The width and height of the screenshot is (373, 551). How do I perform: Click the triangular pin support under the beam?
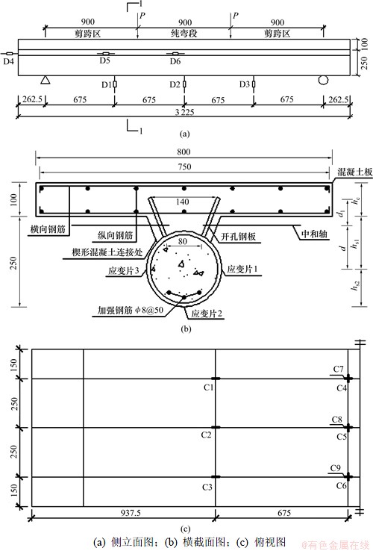[45, 80]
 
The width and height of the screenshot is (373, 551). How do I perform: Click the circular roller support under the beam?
[323, 80]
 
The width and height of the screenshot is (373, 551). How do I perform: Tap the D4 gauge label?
[9, 62]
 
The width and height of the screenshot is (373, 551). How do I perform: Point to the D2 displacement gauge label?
[175, 84]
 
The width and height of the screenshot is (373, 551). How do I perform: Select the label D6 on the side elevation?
[175, 61]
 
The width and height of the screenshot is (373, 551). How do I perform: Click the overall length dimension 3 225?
[184, 112]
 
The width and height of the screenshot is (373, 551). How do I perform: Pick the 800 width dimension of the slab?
[184, 152]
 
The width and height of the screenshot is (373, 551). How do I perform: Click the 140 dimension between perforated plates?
[183, 202]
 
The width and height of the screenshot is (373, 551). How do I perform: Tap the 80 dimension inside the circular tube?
[183, 241]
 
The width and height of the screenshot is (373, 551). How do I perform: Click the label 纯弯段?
[184, 34]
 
